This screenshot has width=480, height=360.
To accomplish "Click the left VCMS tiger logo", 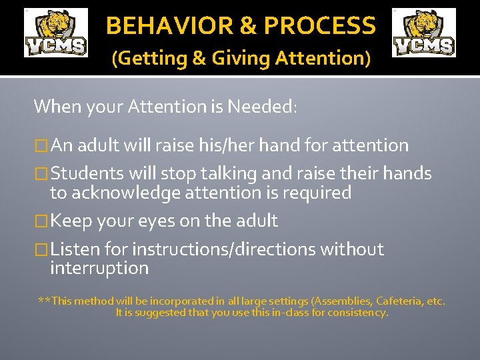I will [56, 33].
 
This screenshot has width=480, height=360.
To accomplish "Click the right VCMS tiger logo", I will [424, 33].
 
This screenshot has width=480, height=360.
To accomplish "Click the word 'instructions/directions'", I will [223, 249].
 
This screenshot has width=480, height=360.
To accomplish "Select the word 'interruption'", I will [99, 269].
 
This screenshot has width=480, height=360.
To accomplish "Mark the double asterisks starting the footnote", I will [43, 301].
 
